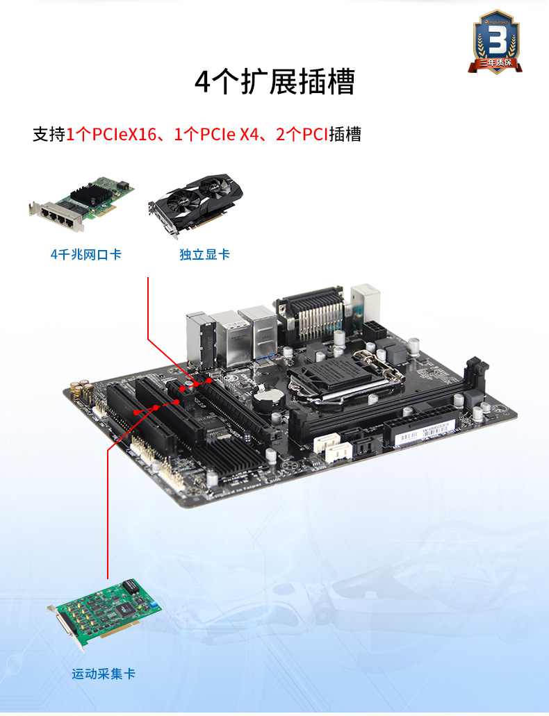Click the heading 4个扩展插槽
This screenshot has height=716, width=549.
(x=274, y=82)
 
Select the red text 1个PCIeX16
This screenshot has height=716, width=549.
(x=111, y=134)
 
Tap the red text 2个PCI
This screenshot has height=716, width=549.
(x=302, y=134)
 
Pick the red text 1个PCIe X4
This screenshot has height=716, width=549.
(x=215, y=134)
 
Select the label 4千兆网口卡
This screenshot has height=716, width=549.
(x=86, y=255)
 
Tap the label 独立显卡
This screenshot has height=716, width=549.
(x=204, y=255)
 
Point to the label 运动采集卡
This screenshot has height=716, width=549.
(x=104, y=674)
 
